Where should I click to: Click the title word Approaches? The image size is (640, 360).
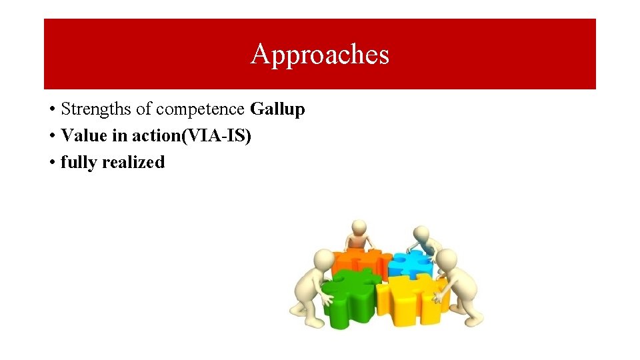click(x=319, y=55)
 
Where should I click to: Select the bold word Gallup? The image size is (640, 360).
click(x=277, y=109)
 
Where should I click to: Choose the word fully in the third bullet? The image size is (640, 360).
click(x=77, y=163)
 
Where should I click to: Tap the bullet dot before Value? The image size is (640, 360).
click(x=51, y=136)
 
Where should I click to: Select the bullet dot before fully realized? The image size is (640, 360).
click(x=51, y=163)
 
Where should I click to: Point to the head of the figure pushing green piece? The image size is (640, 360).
click(x=323, y=259)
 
